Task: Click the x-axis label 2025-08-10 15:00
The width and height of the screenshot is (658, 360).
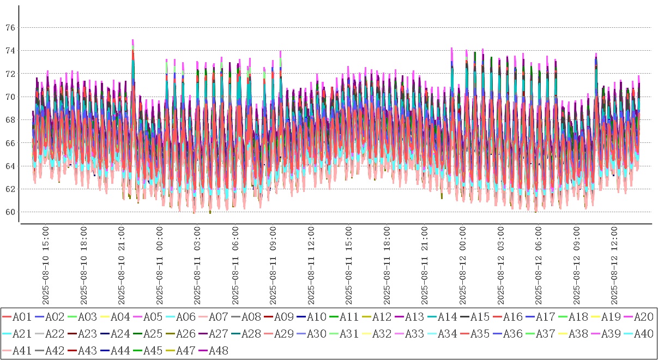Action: coord(46,267)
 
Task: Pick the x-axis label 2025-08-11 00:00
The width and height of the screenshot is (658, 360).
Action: coord(160,267)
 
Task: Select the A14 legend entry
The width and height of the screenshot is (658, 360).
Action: coord(447,317)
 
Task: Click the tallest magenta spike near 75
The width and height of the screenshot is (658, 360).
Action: coord(132,41)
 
